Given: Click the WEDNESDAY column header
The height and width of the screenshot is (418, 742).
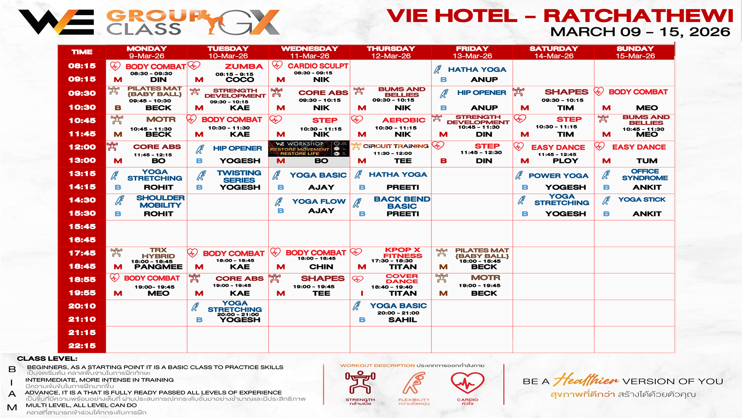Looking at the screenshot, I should point(310,49).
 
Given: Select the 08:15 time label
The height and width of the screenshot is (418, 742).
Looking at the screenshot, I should point(82,66).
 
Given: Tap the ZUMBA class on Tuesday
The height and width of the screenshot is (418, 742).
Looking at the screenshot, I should point(243,67).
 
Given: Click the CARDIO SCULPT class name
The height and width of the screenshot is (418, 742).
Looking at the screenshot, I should point(318,66).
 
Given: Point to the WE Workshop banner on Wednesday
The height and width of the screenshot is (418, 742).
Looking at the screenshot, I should point(308,148).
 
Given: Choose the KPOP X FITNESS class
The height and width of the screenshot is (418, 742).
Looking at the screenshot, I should point(402,253).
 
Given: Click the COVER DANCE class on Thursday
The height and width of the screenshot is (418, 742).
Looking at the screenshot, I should point(402,279).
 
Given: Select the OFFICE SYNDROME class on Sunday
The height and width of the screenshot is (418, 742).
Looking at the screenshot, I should point(645,175).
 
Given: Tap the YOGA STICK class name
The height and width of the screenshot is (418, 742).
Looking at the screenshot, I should point(642,200).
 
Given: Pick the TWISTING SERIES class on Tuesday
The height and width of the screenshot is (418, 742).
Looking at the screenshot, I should point(239,176).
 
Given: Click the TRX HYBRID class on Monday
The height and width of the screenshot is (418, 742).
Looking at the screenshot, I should point(158,253).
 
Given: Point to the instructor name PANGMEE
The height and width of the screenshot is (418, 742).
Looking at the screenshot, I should point(158,267).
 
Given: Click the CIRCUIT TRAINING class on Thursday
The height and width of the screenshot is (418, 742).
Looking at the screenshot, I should point(396,146).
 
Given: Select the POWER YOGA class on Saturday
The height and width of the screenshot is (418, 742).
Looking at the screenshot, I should point(558,176).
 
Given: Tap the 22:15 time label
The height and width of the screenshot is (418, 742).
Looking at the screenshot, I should point(82,346).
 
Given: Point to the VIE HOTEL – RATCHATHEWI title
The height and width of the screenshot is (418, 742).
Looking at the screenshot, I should point(560,16).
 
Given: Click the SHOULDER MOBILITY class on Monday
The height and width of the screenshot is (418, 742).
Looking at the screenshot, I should point(160,202).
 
